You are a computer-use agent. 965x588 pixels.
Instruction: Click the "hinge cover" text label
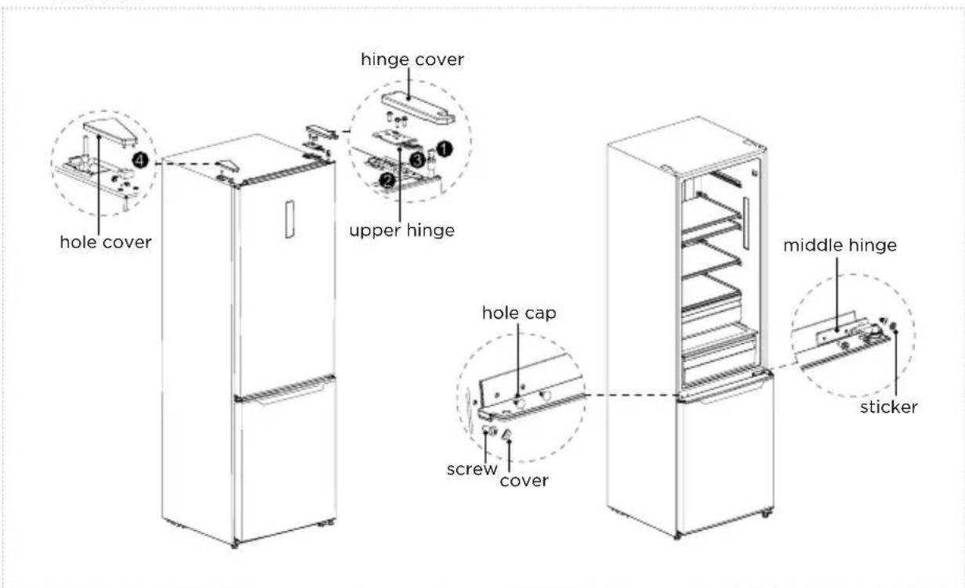412,60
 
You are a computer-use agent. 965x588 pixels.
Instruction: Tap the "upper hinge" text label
402,231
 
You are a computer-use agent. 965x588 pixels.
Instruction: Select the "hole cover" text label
106,242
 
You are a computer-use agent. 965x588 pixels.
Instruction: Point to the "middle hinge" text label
840,245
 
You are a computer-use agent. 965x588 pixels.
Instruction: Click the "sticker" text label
889,407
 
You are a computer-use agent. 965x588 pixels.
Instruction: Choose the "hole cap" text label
519,313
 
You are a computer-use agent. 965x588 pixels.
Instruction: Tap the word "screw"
472,469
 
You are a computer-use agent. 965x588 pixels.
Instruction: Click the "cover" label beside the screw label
524,481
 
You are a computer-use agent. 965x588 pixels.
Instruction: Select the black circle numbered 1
444,150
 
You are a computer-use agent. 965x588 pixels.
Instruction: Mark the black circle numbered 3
417,160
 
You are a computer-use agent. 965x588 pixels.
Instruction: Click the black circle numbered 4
140,161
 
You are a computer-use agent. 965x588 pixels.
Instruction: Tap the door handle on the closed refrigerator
290,219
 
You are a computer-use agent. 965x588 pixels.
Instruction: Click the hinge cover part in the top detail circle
418,108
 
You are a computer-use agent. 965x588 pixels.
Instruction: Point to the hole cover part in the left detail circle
111,132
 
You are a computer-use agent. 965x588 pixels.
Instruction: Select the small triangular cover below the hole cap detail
506,435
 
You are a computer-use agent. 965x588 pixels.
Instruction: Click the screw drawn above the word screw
489,430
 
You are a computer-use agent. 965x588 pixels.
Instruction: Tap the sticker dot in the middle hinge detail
894,326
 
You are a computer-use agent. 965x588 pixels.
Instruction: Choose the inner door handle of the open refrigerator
746,223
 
